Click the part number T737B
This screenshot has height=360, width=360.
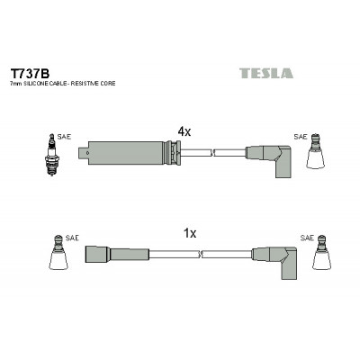tap(30, 73)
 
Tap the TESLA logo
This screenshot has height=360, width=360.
tap(266, 73)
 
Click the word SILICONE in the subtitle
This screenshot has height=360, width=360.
tap(36, 84)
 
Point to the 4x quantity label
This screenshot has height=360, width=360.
tap(184, 131)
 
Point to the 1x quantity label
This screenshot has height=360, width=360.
tap(190, 233)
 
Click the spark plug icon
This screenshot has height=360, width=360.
tap(52, 155)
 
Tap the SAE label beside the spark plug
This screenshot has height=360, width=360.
tap(64, 137)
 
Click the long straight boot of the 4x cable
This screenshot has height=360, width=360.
tap(129, 153)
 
